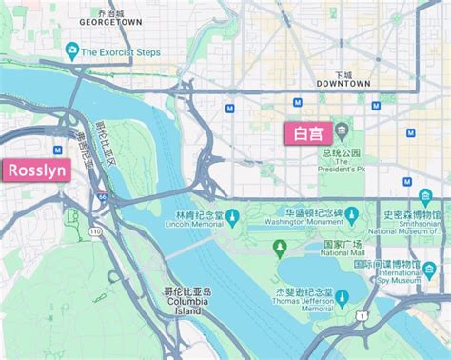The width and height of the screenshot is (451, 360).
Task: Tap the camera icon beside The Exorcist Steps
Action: point(71,50)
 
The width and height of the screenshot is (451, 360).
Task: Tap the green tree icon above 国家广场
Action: point(279,250)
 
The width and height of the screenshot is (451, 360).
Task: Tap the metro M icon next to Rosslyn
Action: point(59,150)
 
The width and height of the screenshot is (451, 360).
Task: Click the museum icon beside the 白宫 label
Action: point(340,131)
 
